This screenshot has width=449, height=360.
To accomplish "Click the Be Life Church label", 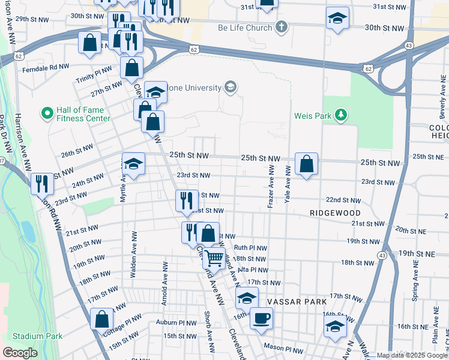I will (245, 28).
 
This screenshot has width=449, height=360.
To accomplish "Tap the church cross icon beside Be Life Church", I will (282, 27).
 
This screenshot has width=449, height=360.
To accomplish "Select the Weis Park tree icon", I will (341, 115).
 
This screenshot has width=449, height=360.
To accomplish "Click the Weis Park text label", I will (313, 115).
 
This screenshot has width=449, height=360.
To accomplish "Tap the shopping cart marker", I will (214, 258).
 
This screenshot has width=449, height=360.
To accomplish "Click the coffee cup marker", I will (261, 318).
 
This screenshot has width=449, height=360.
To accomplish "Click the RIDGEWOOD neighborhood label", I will (335, 213).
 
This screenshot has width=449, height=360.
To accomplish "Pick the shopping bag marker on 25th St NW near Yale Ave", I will (306, 163).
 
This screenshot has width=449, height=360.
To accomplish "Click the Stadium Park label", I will (37, 336).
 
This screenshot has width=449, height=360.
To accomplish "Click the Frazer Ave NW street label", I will (271, 188).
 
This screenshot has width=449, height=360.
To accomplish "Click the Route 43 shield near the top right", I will (409, 46).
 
